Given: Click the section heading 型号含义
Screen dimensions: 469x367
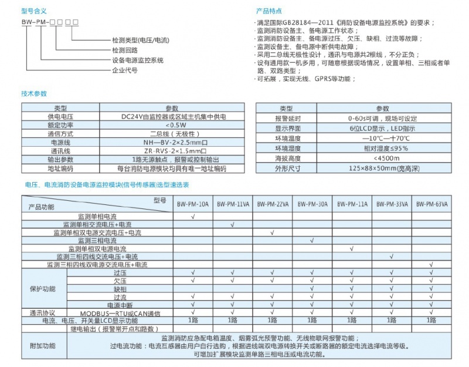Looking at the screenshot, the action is [34, 11].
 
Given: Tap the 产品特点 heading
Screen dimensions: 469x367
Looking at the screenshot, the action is [269, 11].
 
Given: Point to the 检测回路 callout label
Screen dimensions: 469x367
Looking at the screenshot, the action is [125, 50].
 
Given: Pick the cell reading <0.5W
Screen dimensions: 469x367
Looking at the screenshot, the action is [172, 125].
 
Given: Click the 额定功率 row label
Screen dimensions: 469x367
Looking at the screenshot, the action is [61, 125].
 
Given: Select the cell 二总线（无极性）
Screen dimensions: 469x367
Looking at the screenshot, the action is [172, 133].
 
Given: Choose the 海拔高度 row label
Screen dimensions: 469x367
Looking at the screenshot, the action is [287, 159].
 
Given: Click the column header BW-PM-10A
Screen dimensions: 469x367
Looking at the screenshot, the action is [193, 205].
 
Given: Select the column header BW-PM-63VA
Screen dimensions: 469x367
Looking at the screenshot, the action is [431, 205].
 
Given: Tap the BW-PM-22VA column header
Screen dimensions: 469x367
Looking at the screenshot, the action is [273, 205].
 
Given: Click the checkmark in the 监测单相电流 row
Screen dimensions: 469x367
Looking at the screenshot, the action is [193, 217].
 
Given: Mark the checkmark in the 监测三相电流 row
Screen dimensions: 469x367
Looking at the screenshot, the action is [312, 241].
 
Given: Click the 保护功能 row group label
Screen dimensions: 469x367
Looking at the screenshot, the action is [42, 289].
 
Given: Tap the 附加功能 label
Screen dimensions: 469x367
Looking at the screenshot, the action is [42, 346].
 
